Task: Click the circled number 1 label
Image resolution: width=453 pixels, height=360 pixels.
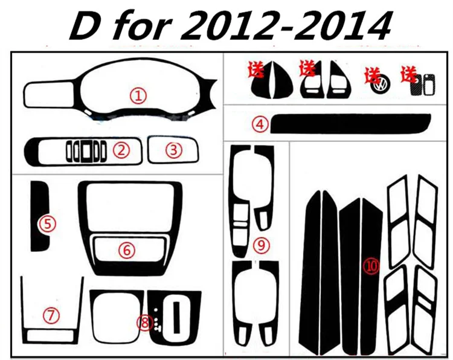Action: (138, 96)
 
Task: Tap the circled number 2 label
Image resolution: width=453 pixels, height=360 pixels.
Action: (121, 150)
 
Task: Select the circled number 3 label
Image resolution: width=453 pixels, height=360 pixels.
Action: (173, 150)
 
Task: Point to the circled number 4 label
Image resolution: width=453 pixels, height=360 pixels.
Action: (260, 124)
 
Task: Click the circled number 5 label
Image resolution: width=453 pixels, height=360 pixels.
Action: (48, 224)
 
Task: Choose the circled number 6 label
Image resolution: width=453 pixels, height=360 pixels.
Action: (127, 250)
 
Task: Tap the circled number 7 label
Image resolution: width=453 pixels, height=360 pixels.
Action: (51, 315)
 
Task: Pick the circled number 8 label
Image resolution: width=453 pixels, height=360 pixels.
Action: (145, 323)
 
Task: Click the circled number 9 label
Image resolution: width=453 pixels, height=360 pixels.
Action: (261, 245)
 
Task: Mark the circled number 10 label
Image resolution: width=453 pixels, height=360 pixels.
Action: (372, 266)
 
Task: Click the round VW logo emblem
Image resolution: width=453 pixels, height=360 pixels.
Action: (380, 84)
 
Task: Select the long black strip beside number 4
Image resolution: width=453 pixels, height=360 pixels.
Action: (350, 124)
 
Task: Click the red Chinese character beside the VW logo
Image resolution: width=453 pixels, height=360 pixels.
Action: (372, 75)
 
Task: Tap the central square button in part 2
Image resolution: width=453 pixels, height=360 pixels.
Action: (86, 150)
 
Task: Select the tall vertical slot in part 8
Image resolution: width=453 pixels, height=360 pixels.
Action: (177, 317)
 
